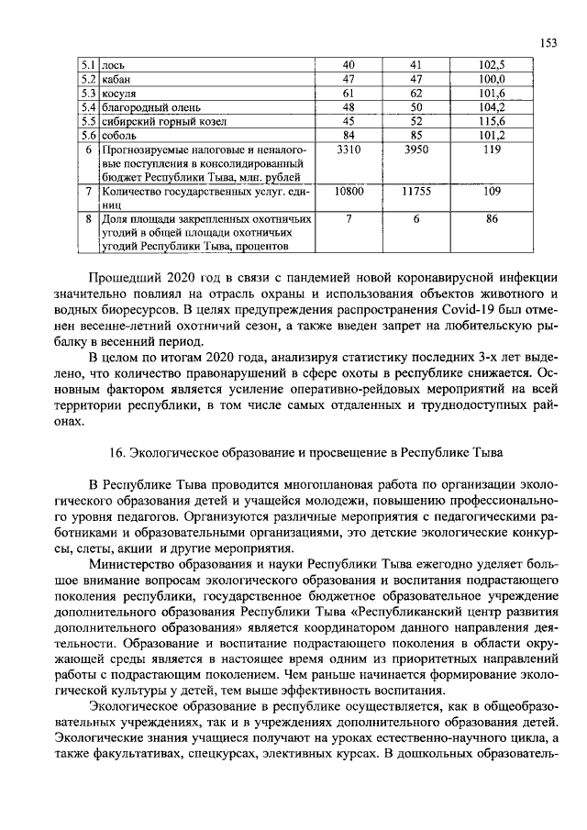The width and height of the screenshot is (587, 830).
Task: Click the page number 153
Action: point(549,43)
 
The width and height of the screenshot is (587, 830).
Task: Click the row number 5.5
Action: point(88,121)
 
